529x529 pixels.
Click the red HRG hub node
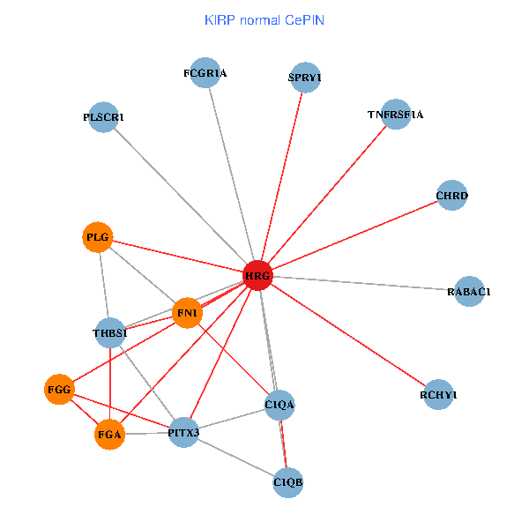[257, 276]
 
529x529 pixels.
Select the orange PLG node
[97, 237]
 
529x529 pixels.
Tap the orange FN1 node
[187, 313]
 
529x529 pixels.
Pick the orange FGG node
[59, 389]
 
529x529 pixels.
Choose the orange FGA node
[109, 435]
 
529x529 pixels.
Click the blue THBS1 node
[110, 332]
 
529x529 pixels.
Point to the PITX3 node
[183, 432]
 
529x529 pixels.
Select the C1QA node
[279, 405]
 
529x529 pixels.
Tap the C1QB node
[288, 482]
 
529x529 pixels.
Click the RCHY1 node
[438, 395]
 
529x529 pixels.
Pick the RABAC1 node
[469, 291]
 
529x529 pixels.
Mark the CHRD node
[452, 195]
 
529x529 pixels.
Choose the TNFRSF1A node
[396, 115]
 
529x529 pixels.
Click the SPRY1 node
[304, 78]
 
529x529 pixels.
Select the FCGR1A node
[205, 73]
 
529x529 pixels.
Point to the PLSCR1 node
[103, 117]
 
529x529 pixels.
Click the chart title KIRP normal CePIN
[264, 19]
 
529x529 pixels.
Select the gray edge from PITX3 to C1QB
[236, 458]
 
